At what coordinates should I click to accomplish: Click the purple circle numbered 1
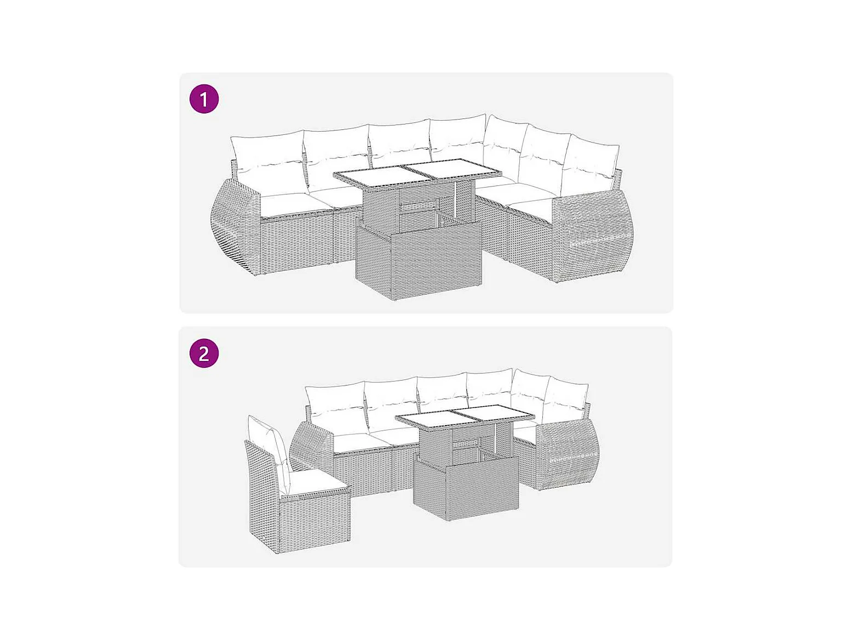pos(204,99)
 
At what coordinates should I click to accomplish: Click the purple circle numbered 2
pos(204,353)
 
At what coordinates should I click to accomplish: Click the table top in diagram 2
pos(465,418)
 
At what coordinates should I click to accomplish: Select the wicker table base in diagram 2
pos(466,477)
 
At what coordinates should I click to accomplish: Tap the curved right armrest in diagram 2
pos(568,456)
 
